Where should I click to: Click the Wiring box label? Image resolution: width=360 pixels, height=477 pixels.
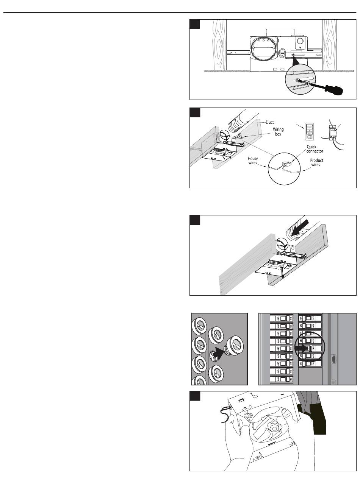click(x=279, y=132)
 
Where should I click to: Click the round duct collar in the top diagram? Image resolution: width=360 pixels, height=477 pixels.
click(x=264, y=53)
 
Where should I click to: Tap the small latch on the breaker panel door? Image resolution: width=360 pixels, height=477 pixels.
click(x=333, y=359)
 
